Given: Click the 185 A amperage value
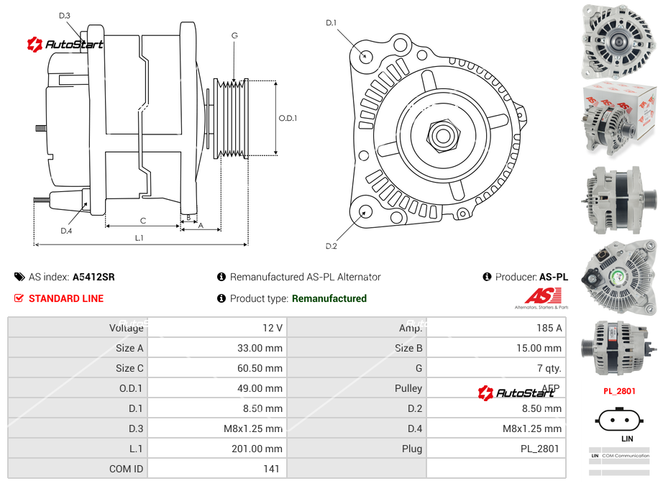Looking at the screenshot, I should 549,328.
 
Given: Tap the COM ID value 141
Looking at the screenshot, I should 271,469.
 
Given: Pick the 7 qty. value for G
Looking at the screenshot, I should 552,368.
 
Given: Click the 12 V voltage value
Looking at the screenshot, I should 273,328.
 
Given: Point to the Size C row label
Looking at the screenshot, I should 129,368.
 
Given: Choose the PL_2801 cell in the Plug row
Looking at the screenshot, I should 541,449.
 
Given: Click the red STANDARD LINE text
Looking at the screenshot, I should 66,298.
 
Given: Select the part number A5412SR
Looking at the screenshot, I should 93,277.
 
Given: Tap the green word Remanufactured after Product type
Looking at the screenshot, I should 329,298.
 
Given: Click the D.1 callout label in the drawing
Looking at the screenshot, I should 331,23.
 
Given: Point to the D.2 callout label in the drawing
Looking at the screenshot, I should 331,247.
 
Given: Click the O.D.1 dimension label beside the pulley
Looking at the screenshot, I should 288,119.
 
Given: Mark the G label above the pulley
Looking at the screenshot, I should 234,35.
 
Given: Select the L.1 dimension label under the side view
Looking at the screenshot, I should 139,238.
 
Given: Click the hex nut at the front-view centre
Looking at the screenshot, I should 441,134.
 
